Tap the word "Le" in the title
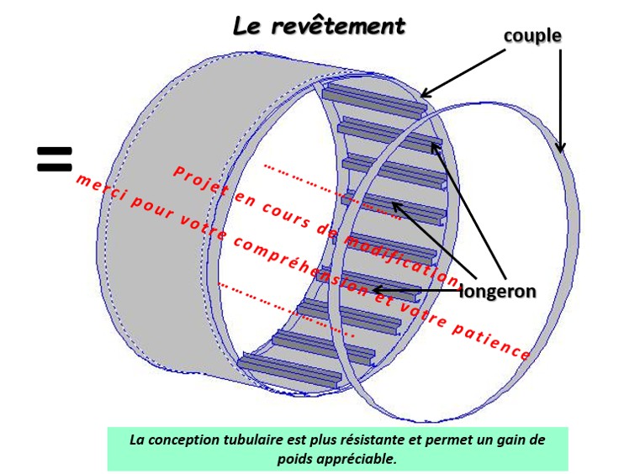[x=250, y=25]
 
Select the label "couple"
[x=532, y=36]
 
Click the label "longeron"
[x=500, y=291]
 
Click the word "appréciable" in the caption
[x=357, y=459]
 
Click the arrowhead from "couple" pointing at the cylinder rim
[x=425, y=94]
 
